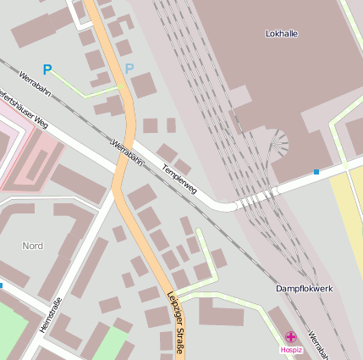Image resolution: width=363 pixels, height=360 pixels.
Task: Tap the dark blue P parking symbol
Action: pos(47,70)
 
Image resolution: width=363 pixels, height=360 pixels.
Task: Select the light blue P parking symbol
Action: pos(129,69)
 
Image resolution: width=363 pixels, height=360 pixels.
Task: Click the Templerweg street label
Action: pos(179,178)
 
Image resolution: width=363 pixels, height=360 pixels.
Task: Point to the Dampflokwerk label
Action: pos(305,289)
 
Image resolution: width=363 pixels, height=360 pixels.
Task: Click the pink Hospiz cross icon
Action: pos(290,337)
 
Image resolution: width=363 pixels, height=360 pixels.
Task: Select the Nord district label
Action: pos(32,246)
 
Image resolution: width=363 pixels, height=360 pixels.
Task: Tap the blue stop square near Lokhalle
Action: pos(316,172)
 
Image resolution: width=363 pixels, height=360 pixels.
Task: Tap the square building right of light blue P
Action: pos(143,86)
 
